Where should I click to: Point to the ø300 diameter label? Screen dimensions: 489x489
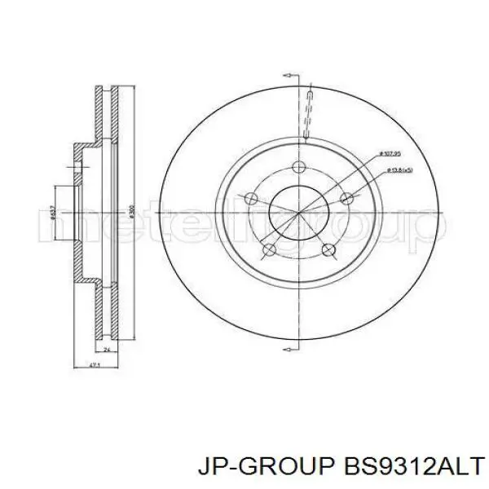pyautogui.click(x=131, y=213)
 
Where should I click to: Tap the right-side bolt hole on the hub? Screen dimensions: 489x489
pyautogui.click(x=347, y=198)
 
